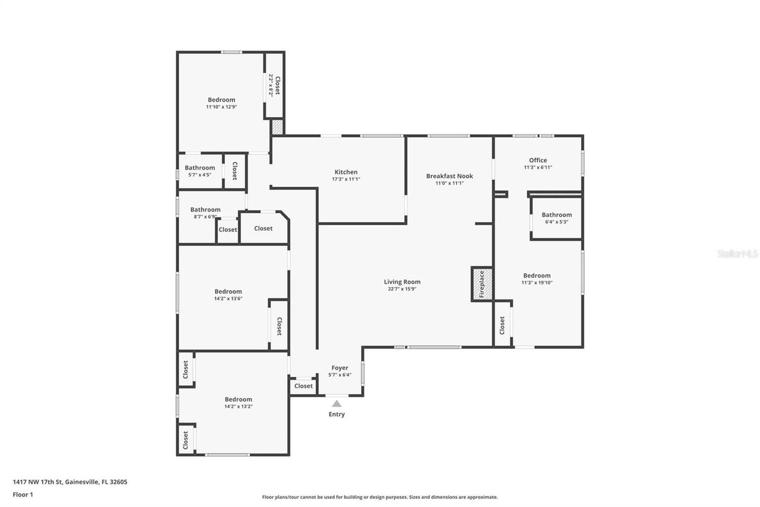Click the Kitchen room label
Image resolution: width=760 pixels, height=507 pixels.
(x=346, y=172)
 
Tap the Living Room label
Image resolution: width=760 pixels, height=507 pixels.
(x=402, y=282)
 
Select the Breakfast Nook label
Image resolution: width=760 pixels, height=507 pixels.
(x=449, y=176)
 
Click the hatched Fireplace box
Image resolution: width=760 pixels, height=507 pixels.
(x=482, y=284)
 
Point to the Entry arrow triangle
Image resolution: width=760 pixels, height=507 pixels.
(x=337, y=404)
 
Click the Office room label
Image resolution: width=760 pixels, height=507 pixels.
(x=538, y=160)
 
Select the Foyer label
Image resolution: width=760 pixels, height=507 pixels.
(x=340, y=368)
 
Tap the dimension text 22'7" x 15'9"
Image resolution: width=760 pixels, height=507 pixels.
(x=402, y=289)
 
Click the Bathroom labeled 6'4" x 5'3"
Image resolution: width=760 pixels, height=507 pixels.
(x=556, y=215)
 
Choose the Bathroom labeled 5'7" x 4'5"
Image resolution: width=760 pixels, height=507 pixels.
(x=199, y=168)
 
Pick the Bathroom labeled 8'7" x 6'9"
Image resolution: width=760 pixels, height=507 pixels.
(x=205, y=210)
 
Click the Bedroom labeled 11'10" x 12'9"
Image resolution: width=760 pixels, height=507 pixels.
(x=221, y=100)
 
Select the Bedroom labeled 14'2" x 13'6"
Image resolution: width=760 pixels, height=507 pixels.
(x=228, y=291)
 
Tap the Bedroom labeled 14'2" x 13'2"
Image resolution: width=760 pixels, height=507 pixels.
(x=238, y=399)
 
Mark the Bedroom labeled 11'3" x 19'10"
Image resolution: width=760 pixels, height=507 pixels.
(x=536, y=276)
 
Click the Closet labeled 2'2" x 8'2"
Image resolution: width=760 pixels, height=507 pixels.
(x=274, y=86)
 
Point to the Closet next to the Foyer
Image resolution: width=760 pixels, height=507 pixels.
(x=303, y=386)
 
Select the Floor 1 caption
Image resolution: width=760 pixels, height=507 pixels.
(x=23, y=495)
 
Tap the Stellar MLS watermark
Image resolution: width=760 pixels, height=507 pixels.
(x=737, y=254)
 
